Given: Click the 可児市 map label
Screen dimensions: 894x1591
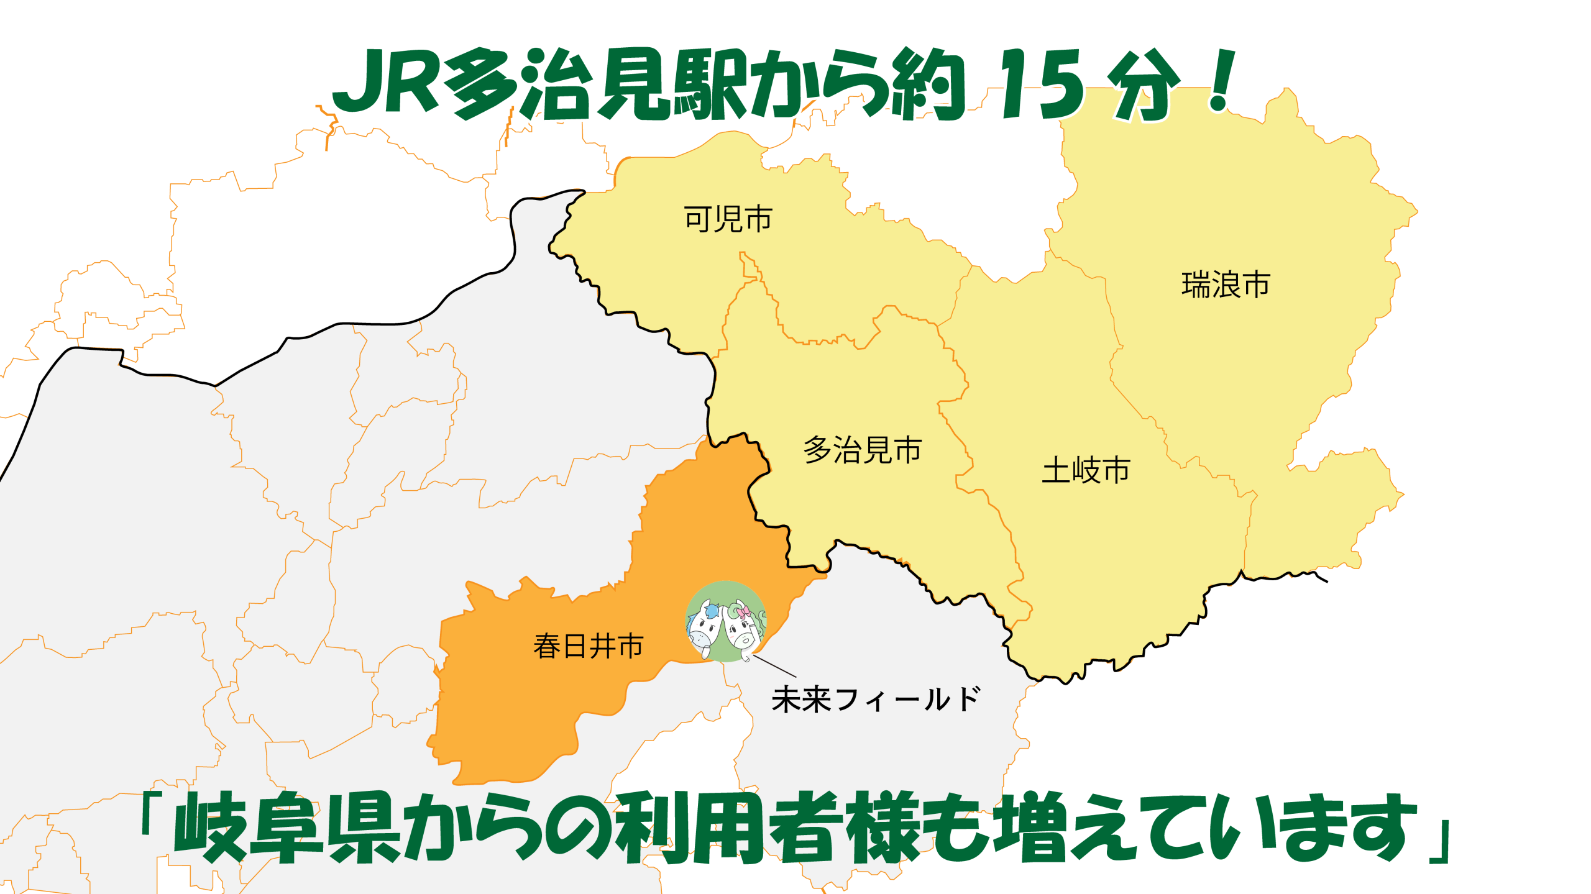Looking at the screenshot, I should click(728, 219).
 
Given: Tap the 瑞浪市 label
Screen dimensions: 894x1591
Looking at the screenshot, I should click(1225, 285).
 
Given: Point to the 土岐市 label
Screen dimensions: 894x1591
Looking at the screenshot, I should click(1085, 470).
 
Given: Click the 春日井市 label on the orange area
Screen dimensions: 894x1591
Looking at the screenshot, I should click(588, 646).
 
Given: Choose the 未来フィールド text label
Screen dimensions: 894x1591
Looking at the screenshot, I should click(875, 700).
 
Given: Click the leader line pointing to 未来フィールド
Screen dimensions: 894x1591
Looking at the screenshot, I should click(775, 666).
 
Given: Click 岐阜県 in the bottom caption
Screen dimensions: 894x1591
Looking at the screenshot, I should click(286, 828).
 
